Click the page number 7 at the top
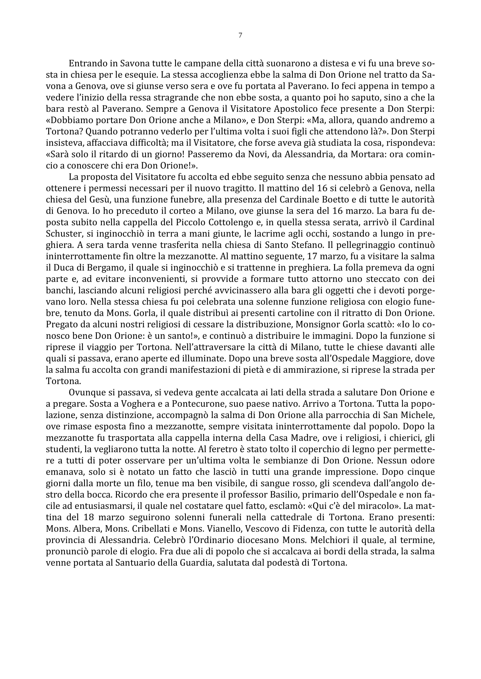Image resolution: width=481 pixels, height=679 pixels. [240, 35]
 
